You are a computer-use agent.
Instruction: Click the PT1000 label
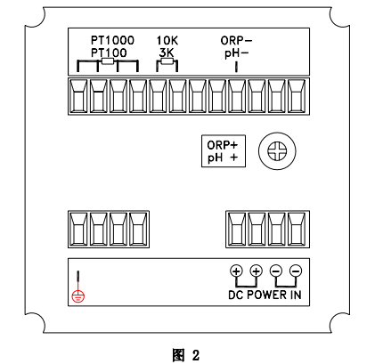[112, 41]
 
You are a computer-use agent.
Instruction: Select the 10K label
[167, 41]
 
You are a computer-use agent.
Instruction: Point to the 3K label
[166, 53]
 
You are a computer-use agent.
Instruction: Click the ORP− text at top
[236, 41]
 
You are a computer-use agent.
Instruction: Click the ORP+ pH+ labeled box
[223, 151]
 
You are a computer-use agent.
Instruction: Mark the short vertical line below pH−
[236, 66]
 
